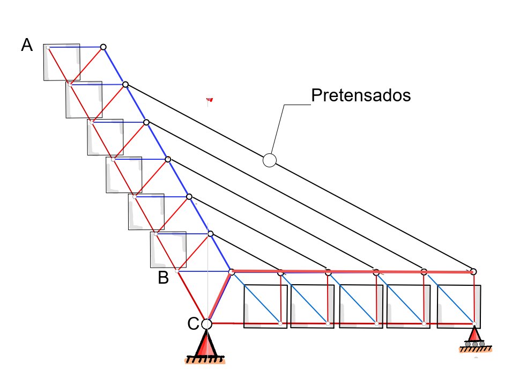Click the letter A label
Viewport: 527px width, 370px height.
coord(27,46)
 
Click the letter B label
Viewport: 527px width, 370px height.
coord(163,278)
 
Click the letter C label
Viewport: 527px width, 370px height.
coord(193,323)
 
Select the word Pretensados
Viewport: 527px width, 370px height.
coord(360,95)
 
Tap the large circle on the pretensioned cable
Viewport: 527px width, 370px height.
coord(269,160)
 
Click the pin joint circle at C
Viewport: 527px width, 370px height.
coord(206,323)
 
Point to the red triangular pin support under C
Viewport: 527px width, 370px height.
coord(206,343)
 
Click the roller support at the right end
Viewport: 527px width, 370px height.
coord(475,337)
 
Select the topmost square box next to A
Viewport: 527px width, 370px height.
coord(61,62)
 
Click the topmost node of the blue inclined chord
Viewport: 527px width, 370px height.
coord(103,47)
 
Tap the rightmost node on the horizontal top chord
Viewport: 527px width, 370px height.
coord(473,271)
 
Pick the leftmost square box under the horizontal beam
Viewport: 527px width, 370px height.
coord(265,306)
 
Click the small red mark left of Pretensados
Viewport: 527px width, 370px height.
coord(210,100)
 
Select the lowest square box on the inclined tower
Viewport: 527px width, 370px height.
coord(168,249)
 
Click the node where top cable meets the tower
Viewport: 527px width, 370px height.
coord(125,84)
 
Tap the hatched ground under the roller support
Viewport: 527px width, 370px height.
coord(475,349)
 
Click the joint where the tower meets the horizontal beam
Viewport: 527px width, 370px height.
coord(232,272)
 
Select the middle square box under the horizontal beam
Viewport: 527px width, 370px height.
coord(362,306)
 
